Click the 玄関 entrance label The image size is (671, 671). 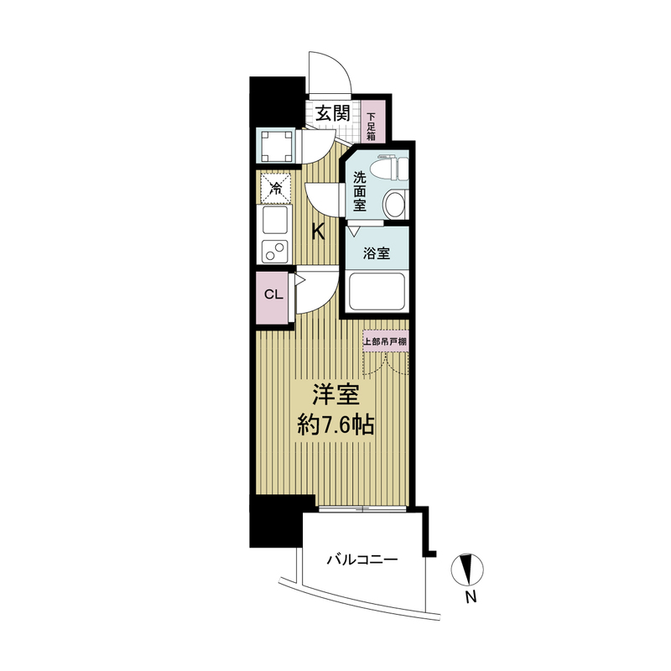click(x=333, y=114)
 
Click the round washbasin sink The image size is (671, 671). click(x=394, y=205)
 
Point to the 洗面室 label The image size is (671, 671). click(x=360, y=191)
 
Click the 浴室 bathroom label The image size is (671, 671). click(x=377, y=253)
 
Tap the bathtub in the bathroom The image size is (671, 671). click(x=377, y=293)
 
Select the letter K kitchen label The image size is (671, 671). click(x=318, y=232)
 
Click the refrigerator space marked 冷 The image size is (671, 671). click(x=275, y=188)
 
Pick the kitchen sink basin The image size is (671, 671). click(x=275, y=221)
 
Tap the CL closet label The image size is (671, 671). click(x=274, y=294)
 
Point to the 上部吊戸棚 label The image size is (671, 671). click(x=385, y=341)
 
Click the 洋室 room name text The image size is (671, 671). click(x=336, y=395)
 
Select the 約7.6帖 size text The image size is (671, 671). click(x=336, y=425)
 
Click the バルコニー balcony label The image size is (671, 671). click(x=363, y=559)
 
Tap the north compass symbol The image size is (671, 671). click(x=467, y=570)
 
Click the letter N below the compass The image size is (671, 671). click(x=471, y=596)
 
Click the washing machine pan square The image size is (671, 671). click(x=276, y=145)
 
